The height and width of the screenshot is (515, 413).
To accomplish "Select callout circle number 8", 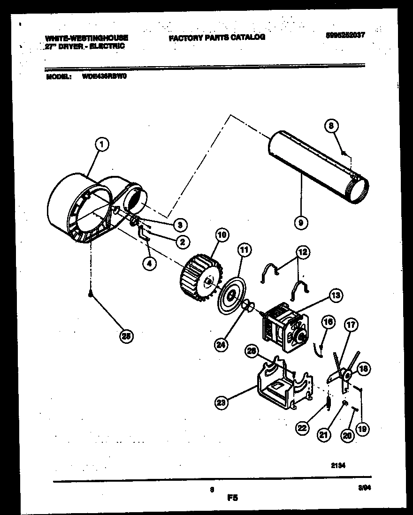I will [332, 126].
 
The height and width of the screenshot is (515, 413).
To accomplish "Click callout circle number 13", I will [336, 295].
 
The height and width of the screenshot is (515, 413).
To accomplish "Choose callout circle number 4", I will [149, 264].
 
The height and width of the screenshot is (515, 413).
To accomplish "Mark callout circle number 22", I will [303, 427].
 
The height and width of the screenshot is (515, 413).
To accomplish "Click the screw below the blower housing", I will [90, 294].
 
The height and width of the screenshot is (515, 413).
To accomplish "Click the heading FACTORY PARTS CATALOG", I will [217, 37].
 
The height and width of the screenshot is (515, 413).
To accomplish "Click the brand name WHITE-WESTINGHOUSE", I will [87, 38].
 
